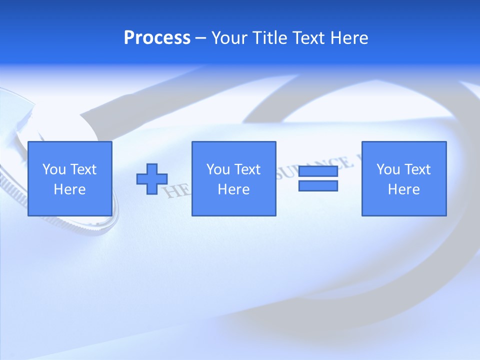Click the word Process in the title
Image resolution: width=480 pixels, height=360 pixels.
(157, 38)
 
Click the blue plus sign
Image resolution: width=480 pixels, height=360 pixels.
(152, 179)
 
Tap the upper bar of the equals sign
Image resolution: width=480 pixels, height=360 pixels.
(318, 171)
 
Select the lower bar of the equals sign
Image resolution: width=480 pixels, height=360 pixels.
(318, 185)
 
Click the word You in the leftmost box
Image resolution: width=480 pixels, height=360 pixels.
(54, 169)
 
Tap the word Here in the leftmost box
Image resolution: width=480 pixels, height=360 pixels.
(70, 189)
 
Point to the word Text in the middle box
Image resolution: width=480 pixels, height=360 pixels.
(247, 169)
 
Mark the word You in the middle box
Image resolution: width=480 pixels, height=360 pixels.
(218, 169)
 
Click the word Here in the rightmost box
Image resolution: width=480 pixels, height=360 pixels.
(404, 189)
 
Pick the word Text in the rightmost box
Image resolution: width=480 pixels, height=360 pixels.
(417, 169)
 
